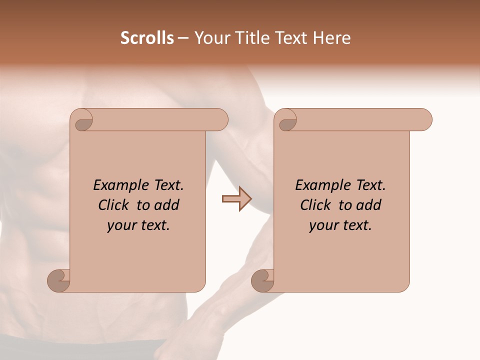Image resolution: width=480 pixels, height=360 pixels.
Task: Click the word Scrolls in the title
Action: pyautogui.click(x=147, y=38)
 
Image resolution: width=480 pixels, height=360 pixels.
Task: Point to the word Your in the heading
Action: pyautogui.click(x=209, y=38)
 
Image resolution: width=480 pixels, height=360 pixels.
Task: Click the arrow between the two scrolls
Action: pyautogui.click(x=236, y=199)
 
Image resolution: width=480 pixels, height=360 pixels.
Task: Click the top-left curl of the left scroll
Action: pyautogui.click(x=83, y=121)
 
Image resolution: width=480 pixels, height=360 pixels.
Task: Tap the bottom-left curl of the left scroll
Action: pyautogui.click(x=58, y=280)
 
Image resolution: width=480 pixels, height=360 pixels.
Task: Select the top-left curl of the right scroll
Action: pyautogui.click(x=287, y=121)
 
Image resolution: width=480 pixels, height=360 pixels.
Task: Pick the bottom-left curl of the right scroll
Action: pyautogui.click(x=262, y=280)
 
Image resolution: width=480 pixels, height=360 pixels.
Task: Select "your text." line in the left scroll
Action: pyautogui.click(x=138, y=225)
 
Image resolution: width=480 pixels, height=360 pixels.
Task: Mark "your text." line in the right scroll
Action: pyautogui.click(x=340, y=225)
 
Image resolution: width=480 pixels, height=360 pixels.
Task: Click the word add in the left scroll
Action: pyautogui.click(x=166, y=205)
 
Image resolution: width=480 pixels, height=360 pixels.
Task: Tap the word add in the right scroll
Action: pyautogui.click(x=368, y=205)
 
